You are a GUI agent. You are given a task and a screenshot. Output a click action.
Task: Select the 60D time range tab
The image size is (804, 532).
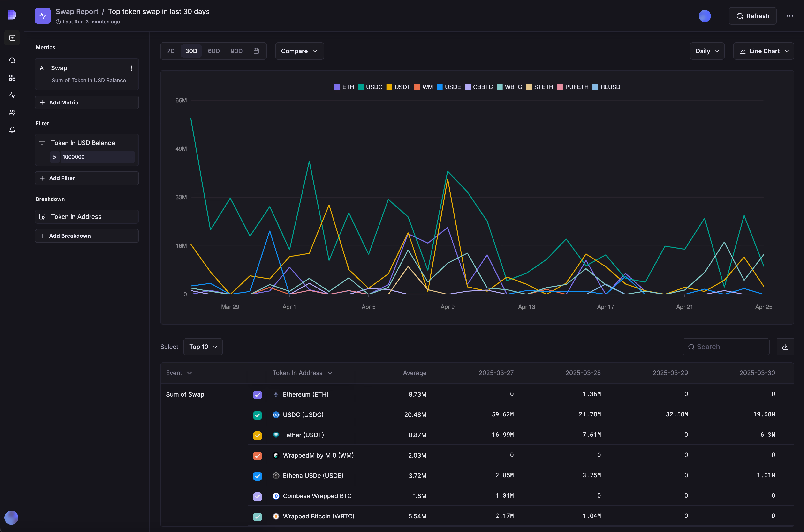coord(213,51)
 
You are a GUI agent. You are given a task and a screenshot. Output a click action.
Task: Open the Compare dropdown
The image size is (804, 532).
coord(299,51)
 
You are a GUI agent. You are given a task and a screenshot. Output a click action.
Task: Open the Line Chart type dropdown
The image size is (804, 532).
coord(763,51)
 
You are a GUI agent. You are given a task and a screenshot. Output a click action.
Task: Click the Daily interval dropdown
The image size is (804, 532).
coord(707,51)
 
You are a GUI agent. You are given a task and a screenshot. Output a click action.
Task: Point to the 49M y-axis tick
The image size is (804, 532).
coord(181,149)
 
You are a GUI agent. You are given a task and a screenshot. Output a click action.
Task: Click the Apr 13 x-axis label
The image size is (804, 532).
coord(526,307)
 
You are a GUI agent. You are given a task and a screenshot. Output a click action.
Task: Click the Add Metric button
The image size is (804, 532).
coord(87,103)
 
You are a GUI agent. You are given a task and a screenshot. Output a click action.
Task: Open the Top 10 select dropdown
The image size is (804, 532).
coord(203,347)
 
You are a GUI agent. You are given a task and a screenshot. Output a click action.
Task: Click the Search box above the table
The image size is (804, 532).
coord(726,347)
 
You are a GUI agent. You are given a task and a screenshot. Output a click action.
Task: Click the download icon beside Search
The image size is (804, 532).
coord(785,347)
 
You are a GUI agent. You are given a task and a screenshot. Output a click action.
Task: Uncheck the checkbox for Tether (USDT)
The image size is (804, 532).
coord(257,435)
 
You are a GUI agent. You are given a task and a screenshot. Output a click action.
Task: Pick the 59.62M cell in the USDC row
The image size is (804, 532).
coord(502,414)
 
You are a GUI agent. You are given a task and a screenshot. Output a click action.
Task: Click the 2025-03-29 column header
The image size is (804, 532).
coord(670,373)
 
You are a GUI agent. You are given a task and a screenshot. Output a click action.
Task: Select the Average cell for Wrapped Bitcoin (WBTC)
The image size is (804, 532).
coord(417,516)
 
